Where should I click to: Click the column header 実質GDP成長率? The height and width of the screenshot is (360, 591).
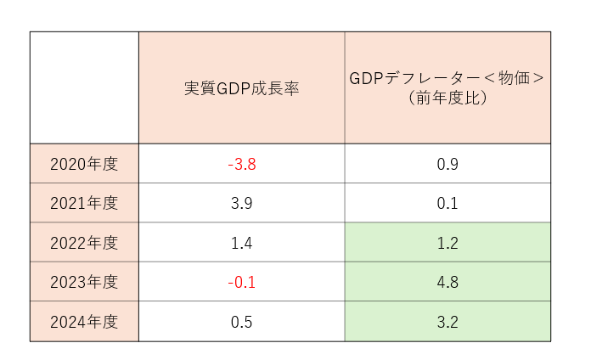241,87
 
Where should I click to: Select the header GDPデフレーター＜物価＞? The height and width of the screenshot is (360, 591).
447,78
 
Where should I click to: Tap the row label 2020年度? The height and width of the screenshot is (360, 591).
84,163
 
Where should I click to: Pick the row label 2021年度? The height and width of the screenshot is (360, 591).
84,203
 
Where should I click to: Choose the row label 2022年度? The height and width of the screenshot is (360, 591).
84,243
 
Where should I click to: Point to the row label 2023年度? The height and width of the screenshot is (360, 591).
84,282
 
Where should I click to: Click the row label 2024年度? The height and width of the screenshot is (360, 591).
84,322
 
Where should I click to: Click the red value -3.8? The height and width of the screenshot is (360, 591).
241,163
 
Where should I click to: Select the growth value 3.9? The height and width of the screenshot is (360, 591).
241,203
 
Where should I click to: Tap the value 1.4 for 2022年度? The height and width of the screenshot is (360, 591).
241,243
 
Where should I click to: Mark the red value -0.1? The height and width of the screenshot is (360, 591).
241,282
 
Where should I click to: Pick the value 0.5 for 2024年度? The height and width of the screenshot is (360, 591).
241,322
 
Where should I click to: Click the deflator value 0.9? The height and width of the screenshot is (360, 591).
447,163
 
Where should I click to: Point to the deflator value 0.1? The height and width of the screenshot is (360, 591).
447,203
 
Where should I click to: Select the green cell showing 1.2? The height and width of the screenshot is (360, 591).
447,243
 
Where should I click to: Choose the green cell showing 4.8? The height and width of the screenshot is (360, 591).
447,282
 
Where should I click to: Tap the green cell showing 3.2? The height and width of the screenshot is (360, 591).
447,322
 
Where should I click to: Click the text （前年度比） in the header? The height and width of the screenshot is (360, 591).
447,98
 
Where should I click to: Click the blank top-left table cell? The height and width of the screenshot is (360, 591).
84,87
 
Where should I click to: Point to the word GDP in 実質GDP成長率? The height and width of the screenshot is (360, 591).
233,87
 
